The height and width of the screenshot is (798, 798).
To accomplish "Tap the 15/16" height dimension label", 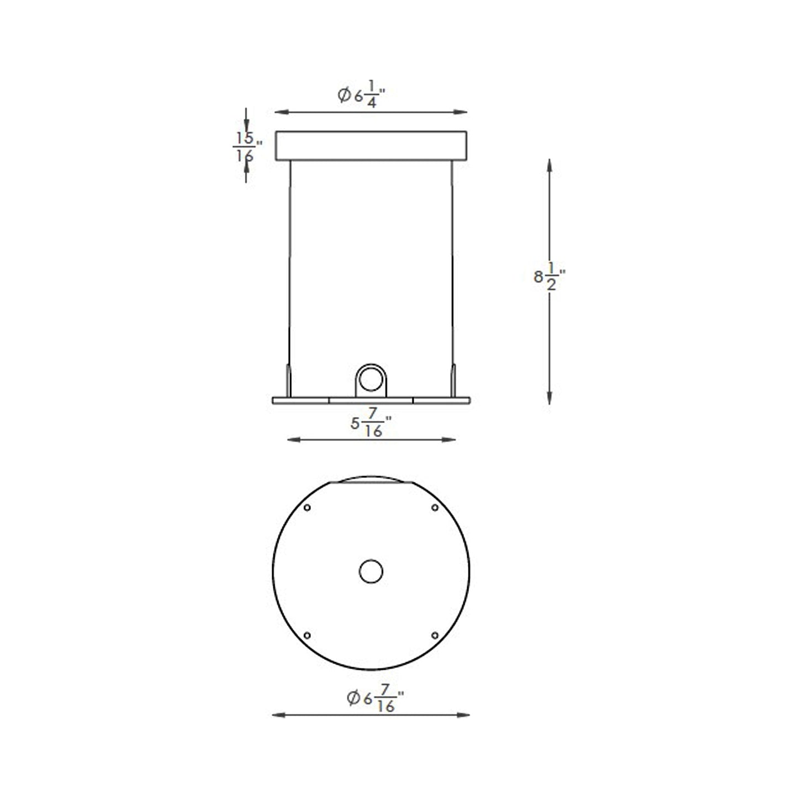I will coord(246,146).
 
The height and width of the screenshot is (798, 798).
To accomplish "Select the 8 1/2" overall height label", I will coord(549,276).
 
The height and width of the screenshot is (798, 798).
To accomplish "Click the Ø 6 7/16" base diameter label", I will coord(374,699).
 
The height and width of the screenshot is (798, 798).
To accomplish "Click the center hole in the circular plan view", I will coord(371,572).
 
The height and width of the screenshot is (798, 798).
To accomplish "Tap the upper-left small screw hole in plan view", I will coord(308,508).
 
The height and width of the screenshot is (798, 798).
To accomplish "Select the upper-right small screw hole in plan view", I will coord(435,508).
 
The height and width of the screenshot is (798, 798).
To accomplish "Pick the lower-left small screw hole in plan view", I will coord(308,636).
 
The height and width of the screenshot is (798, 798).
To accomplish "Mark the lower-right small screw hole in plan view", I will coord(435,636).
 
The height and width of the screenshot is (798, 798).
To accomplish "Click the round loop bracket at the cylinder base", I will coord(371,379).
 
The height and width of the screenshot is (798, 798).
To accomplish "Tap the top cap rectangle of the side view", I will coord(371,146).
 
